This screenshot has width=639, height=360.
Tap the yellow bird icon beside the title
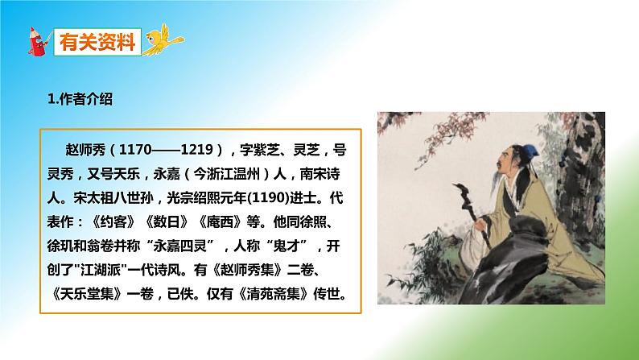point(164,38)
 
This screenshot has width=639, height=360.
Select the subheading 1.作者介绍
point(80,100)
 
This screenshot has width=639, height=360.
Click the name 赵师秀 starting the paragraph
point(85,149)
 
